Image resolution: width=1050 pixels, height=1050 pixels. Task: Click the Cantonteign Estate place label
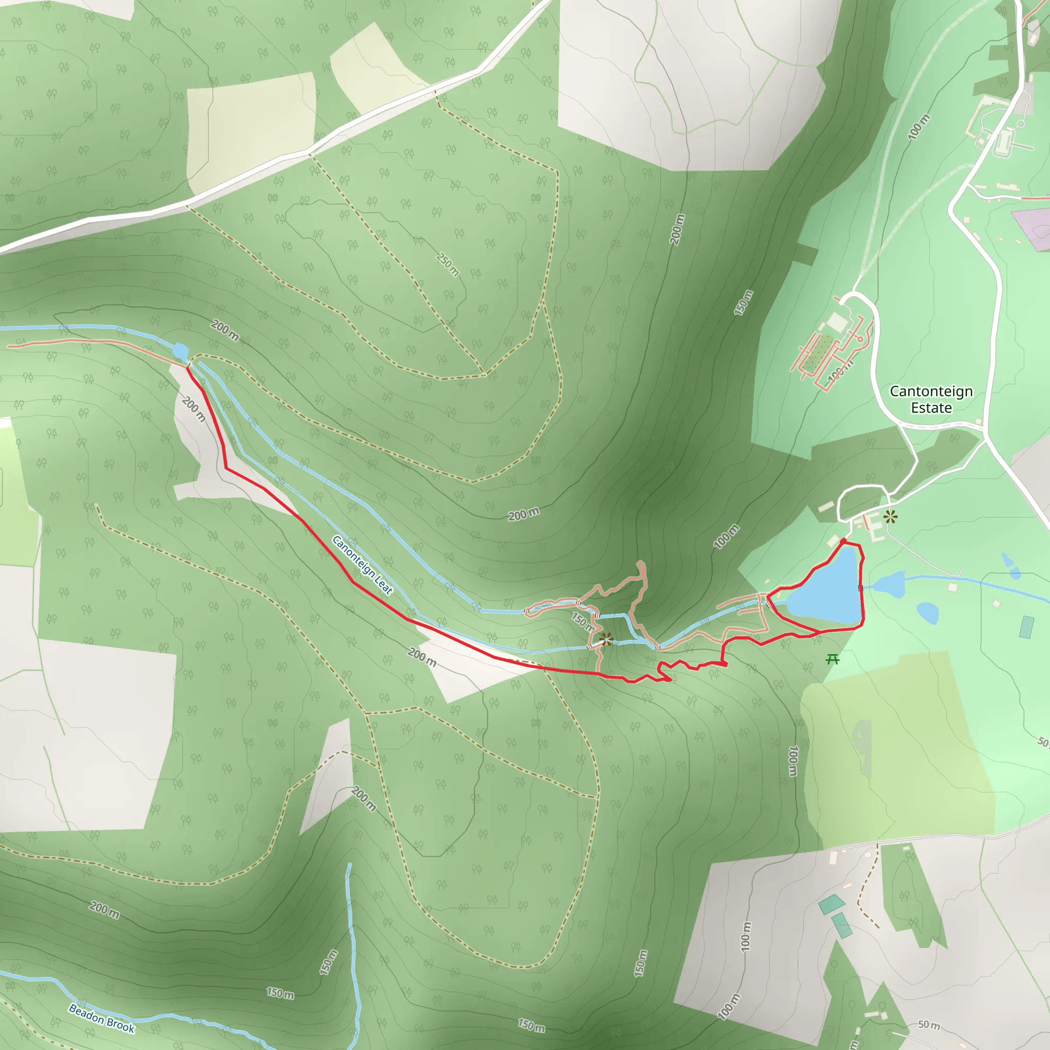tap(931, 399)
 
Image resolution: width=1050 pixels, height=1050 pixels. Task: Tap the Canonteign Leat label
tap(362, 565)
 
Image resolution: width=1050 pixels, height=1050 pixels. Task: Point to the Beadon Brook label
tap(102, 1018)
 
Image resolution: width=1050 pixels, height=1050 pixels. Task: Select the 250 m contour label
tap(448, 264)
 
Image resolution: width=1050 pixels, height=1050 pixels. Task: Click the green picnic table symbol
tap(832, 660)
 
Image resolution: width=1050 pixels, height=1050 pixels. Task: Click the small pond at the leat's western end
tap(180, 352)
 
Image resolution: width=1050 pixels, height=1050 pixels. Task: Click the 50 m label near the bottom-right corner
tap(929, 1024)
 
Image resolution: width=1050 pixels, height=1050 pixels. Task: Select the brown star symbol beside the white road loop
tap(890, 516)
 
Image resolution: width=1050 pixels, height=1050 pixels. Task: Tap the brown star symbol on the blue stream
tap(606, 639)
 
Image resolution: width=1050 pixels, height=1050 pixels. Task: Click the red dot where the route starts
tap(843, 541)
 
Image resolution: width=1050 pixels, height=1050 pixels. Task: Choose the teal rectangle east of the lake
tap(1026, 627)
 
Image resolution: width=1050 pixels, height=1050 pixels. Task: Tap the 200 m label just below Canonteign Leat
tap(422, 657)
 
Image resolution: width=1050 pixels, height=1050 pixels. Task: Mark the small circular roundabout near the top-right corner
tap(1021, 124)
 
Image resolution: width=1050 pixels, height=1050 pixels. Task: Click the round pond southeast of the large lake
tap(927, 613)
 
